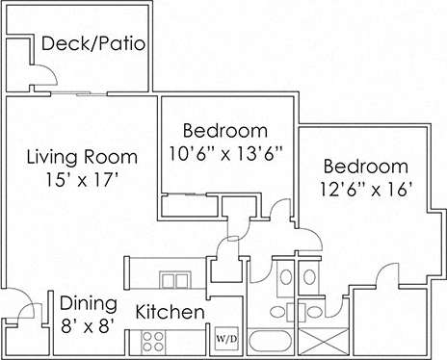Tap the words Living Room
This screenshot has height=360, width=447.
82,156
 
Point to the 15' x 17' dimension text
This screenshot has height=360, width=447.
82,179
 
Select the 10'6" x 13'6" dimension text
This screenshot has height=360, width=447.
224,153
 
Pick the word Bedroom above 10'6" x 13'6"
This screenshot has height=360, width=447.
224,130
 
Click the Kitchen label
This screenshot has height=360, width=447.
170,313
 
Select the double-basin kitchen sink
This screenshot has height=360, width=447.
174,281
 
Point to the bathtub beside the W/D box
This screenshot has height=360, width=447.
273,341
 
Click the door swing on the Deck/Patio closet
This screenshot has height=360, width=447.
36,78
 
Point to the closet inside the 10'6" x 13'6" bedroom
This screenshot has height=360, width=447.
191,206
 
